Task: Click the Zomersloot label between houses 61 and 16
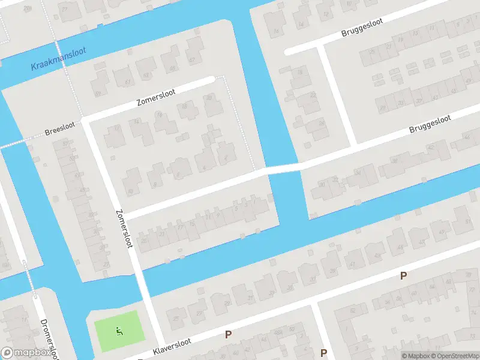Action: pos(155,98)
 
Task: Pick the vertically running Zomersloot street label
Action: pos(124,227)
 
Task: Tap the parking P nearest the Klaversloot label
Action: pos(228,334)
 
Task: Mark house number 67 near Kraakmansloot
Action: pos(192,60)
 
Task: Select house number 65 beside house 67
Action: pos(173,68)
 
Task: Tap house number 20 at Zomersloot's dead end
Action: pos(209,97)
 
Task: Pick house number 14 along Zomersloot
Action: pos(137,122)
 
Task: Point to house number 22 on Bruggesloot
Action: pos(313,95)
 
